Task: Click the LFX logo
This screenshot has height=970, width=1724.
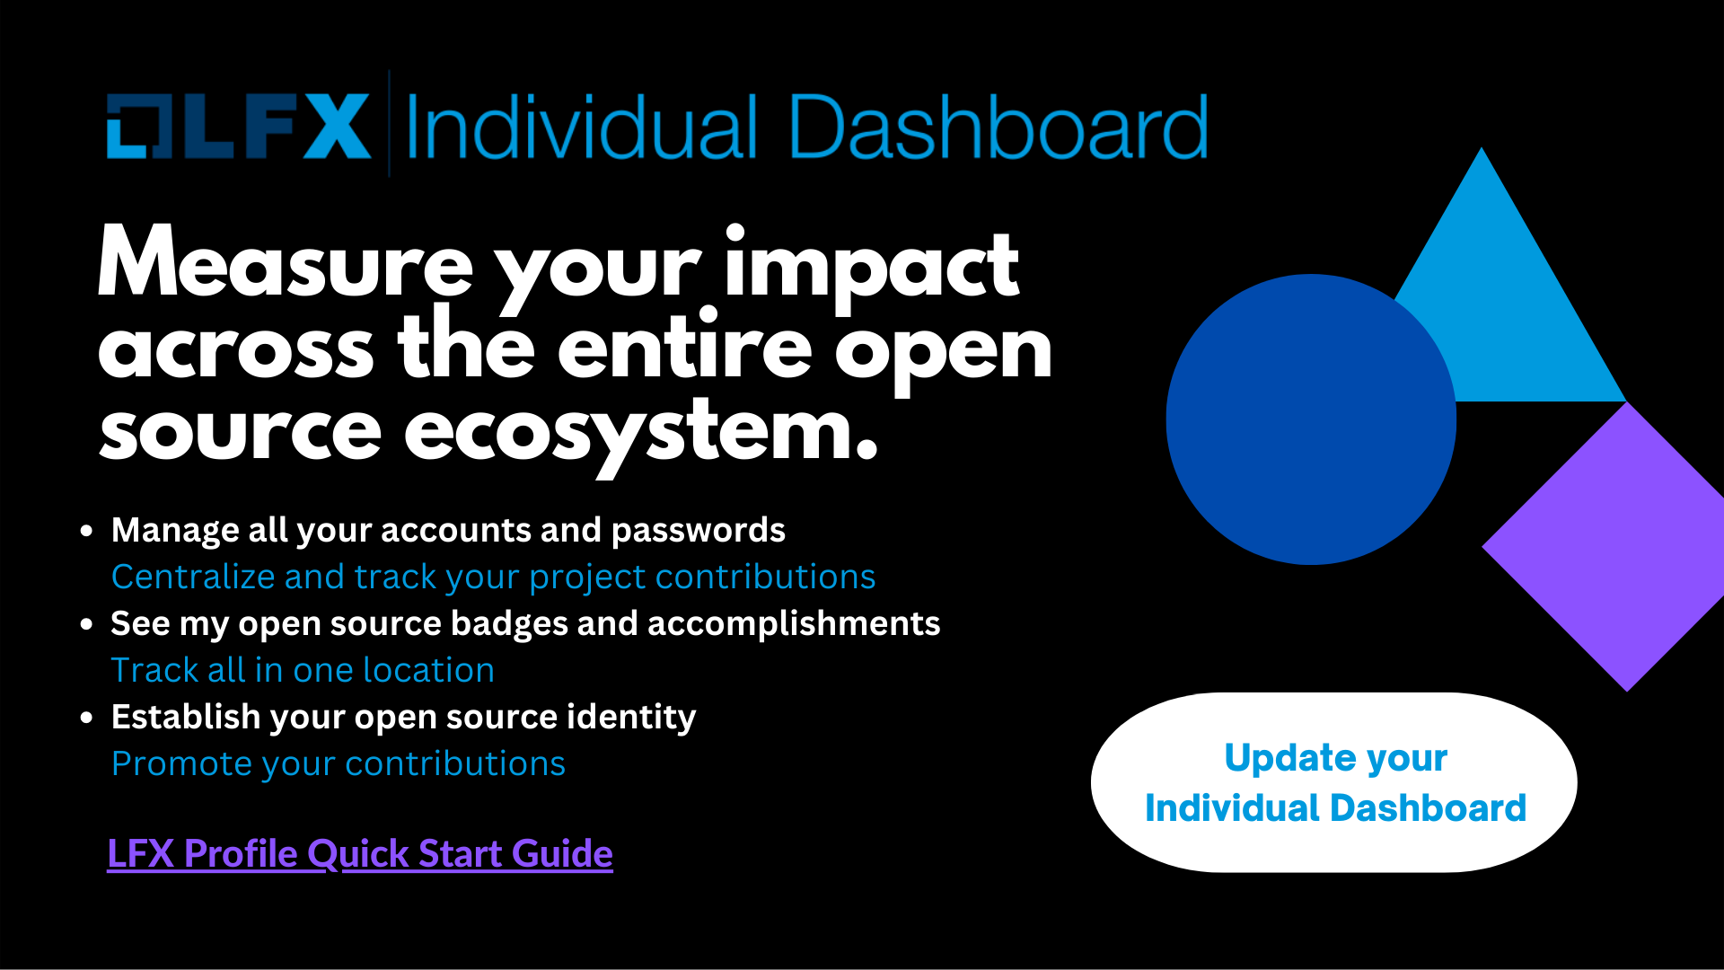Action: [239, 126]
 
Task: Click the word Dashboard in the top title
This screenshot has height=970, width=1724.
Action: [998, 128]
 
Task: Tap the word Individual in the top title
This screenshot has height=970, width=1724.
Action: [583, 128]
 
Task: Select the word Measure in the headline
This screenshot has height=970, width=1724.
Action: [286, 262]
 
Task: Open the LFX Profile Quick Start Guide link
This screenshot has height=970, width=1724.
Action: [360, 853]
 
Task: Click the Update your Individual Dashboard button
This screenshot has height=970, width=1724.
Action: [1334, 782]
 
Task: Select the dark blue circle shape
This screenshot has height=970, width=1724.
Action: [1311, 419]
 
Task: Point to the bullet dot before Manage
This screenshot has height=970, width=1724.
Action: [86, 531]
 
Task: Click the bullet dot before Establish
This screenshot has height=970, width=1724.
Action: [86, 718]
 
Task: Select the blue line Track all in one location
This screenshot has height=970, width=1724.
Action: [303, 670]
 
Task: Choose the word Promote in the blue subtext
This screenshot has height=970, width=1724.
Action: [182, 763]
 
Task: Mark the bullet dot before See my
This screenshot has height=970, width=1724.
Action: [86, 624]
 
